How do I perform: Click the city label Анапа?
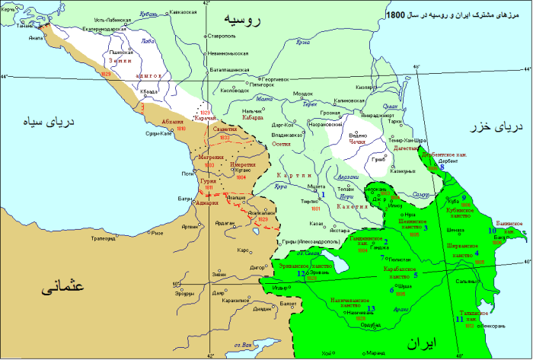click(35, 36)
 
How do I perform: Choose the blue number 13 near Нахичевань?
click(370, 308)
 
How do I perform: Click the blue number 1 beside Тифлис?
click(323, 195)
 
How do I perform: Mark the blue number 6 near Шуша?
click(391, 290)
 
